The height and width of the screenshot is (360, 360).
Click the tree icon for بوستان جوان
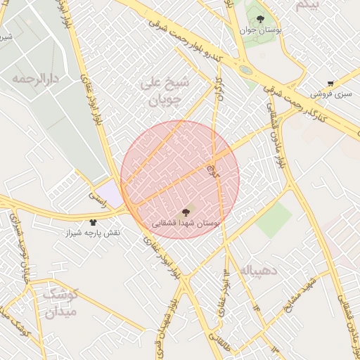pos(261,20)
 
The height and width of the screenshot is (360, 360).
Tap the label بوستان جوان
pos(261,30)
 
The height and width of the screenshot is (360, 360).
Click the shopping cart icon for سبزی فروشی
pos(330,83)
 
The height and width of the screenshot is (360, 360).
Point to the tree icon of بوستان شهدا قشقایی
pos(186,212)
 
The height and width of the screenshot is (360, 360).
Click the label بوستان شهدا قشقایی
pos(186,222)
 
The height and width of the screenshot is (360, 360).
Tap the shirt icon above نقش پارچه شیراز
pos(93,222)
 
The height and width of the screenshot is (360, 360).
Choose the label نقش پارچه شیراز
pos(93,233)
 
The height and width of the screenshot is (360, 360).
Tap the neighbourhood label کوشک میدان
pos(61,302)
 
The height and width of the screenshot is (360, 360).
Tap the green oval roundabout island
pos(245,70)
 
